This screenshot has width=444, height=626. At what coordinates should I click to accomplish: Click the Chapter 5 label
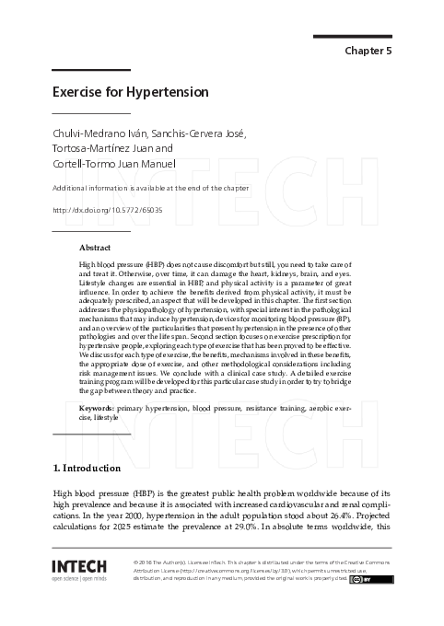(368, 51)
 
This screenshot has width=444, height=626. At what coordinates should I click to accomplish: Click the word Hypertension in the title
(164, 92)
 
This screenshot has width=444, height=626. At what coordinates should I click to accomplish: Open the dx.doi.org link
(108, 210)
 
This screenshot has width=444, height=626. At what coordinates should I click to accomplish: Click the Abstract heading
(95, 248)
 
